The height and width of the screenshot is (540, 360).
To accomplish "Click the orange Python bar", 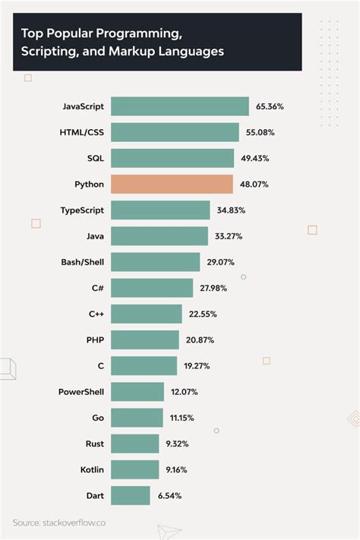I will point(172,184).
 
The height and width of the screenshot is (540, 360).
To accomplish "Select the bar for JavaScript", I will point(180,106).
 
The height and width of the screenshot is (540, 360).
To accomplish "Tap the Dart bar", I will point(131,495).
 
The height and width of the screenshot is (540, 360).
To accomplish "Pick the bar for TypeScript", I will point(160,210).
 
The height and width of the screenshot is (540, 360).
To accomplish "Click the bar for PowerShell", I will point(137,392).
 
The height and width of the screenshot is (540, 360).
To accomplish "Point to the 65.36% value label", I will point(270,107).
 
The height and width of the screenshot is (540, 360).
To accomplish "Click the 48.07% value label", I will point(254,185).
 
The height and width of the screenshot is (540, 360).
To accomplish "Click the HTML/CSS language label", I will point(82,132).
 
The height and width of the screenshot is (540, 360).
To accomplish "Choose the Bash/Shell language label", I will point(83,262).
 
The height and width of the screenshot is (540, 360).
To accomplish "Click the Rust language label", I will point(95,444).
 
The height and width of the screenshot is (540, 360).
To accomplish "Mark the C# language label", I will point(96,288).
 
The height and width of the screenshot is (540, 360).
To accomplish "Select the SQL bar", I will point(172,158).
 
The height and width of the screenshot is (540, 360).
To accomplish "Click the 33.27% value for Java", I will point(229,236).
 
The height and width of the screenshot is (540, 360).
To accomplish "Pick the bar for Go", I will point(137,418).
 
